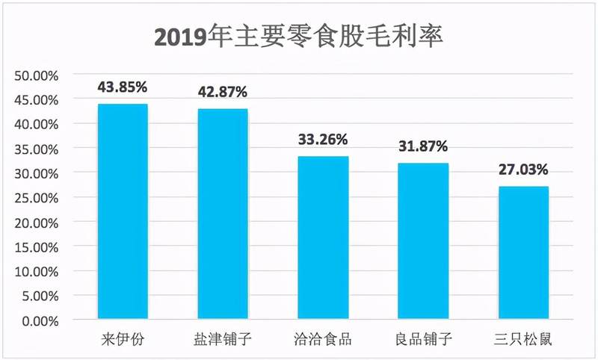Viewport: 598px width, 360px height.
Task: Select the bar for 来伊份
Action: tap(122, 213)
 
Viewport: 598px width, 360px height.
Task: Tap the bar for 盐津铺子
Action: tap(222, 215)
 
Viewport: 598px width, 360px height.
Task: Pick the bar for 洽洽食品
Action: tap(322, 239)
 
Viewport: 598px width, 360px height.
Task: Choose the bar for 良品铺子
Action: tap(423, 242)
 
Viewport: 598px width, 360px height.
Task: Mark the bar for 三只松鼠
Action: tap(523, 254)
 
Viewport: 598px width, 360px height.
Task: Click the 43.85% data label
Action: tap(122, 87)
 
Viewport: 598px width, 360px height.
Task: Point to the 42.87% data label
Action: tap(222, 92)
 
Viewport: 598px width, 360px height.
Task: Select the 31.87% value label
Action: tap(423, 146)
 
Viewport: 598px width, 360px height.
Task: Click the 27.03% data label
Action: tap(523, 170)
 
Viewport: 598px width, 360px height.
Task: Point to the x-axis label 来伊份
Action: tap(122, 340)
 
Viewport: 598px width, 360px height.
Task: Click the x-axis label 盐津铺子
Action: tap(222, 340)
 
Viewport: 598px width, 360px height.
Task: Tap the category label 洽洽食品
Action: tap(322, 340)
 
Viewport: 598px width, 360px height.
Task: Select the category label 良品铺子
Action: tap(423, 340)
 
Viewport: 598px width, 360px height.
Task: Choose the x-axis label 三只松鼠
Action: tap(523, 340)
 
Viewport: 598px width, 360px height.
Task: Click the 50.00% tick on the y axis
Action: tap(37, 75)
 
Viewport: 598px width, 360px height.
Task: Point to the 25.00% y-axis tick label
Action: tap(37, 198)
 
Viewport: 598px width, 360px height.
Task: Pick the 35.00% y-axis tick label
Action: tap(37, 149)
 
